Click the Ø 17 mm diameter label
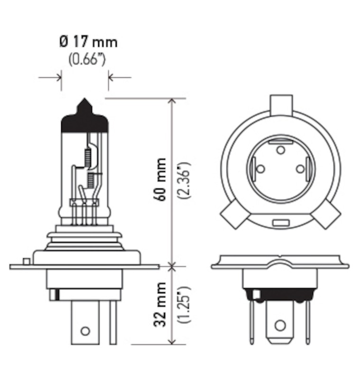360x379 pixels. coord(89,42)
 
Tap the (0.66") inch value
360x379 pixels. coord(88,61)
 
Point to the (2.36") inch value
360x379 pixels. coord(185,180)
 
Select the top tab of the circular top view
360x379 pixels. coord(281,104)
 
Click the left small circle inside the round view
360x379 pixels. coord(260,169)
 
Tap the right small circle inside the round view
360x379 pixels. coord(300,169)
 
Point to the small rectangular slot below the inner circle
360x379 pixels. coord(280,223)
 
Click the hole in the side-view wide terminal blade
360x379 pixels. coord(85,331)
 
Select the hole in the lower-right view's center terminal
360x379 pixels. coord(280,325)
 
